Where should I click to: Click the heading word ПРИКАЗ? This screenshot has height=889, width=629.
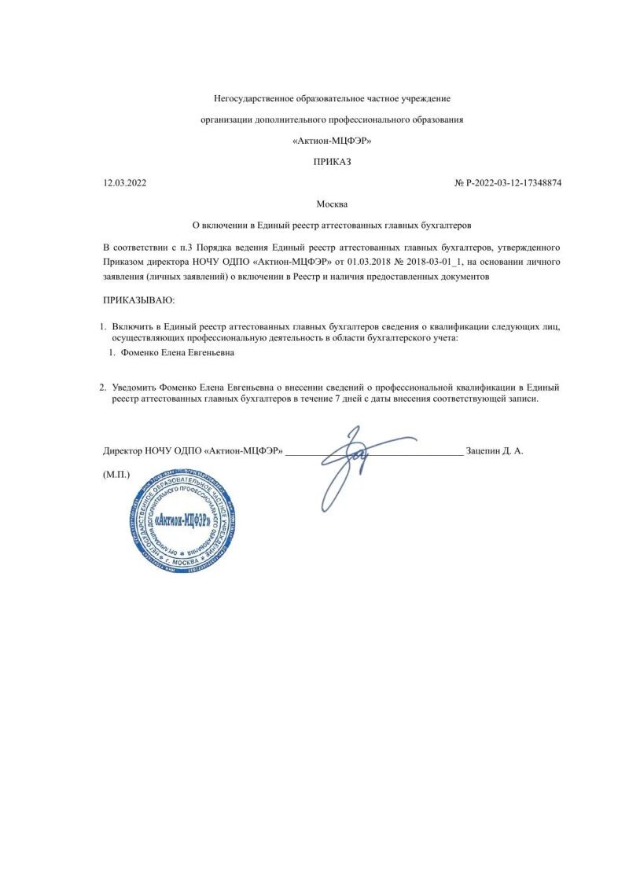(332, 162)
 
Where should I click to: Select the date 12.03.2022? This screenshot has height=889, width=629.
(124, 183)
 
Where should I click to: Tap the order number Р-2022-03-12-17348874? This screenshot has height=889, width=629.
(513, 183)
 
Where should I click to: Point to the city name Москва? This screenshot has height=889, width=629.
(332, 204)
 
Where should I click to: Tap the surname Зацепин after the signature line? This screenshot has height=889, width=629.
(485, 451)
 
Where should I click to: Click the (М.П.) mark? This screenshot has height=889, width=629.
(116, 475)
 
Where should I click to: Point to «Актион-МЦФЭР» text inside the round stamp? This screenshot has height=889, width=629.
(180, 520)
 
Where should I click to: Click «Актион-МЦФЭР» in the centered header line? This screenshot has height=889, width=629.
(332, 141)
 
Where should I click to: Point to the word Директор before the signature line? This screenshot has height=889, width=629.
(123, 451)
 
